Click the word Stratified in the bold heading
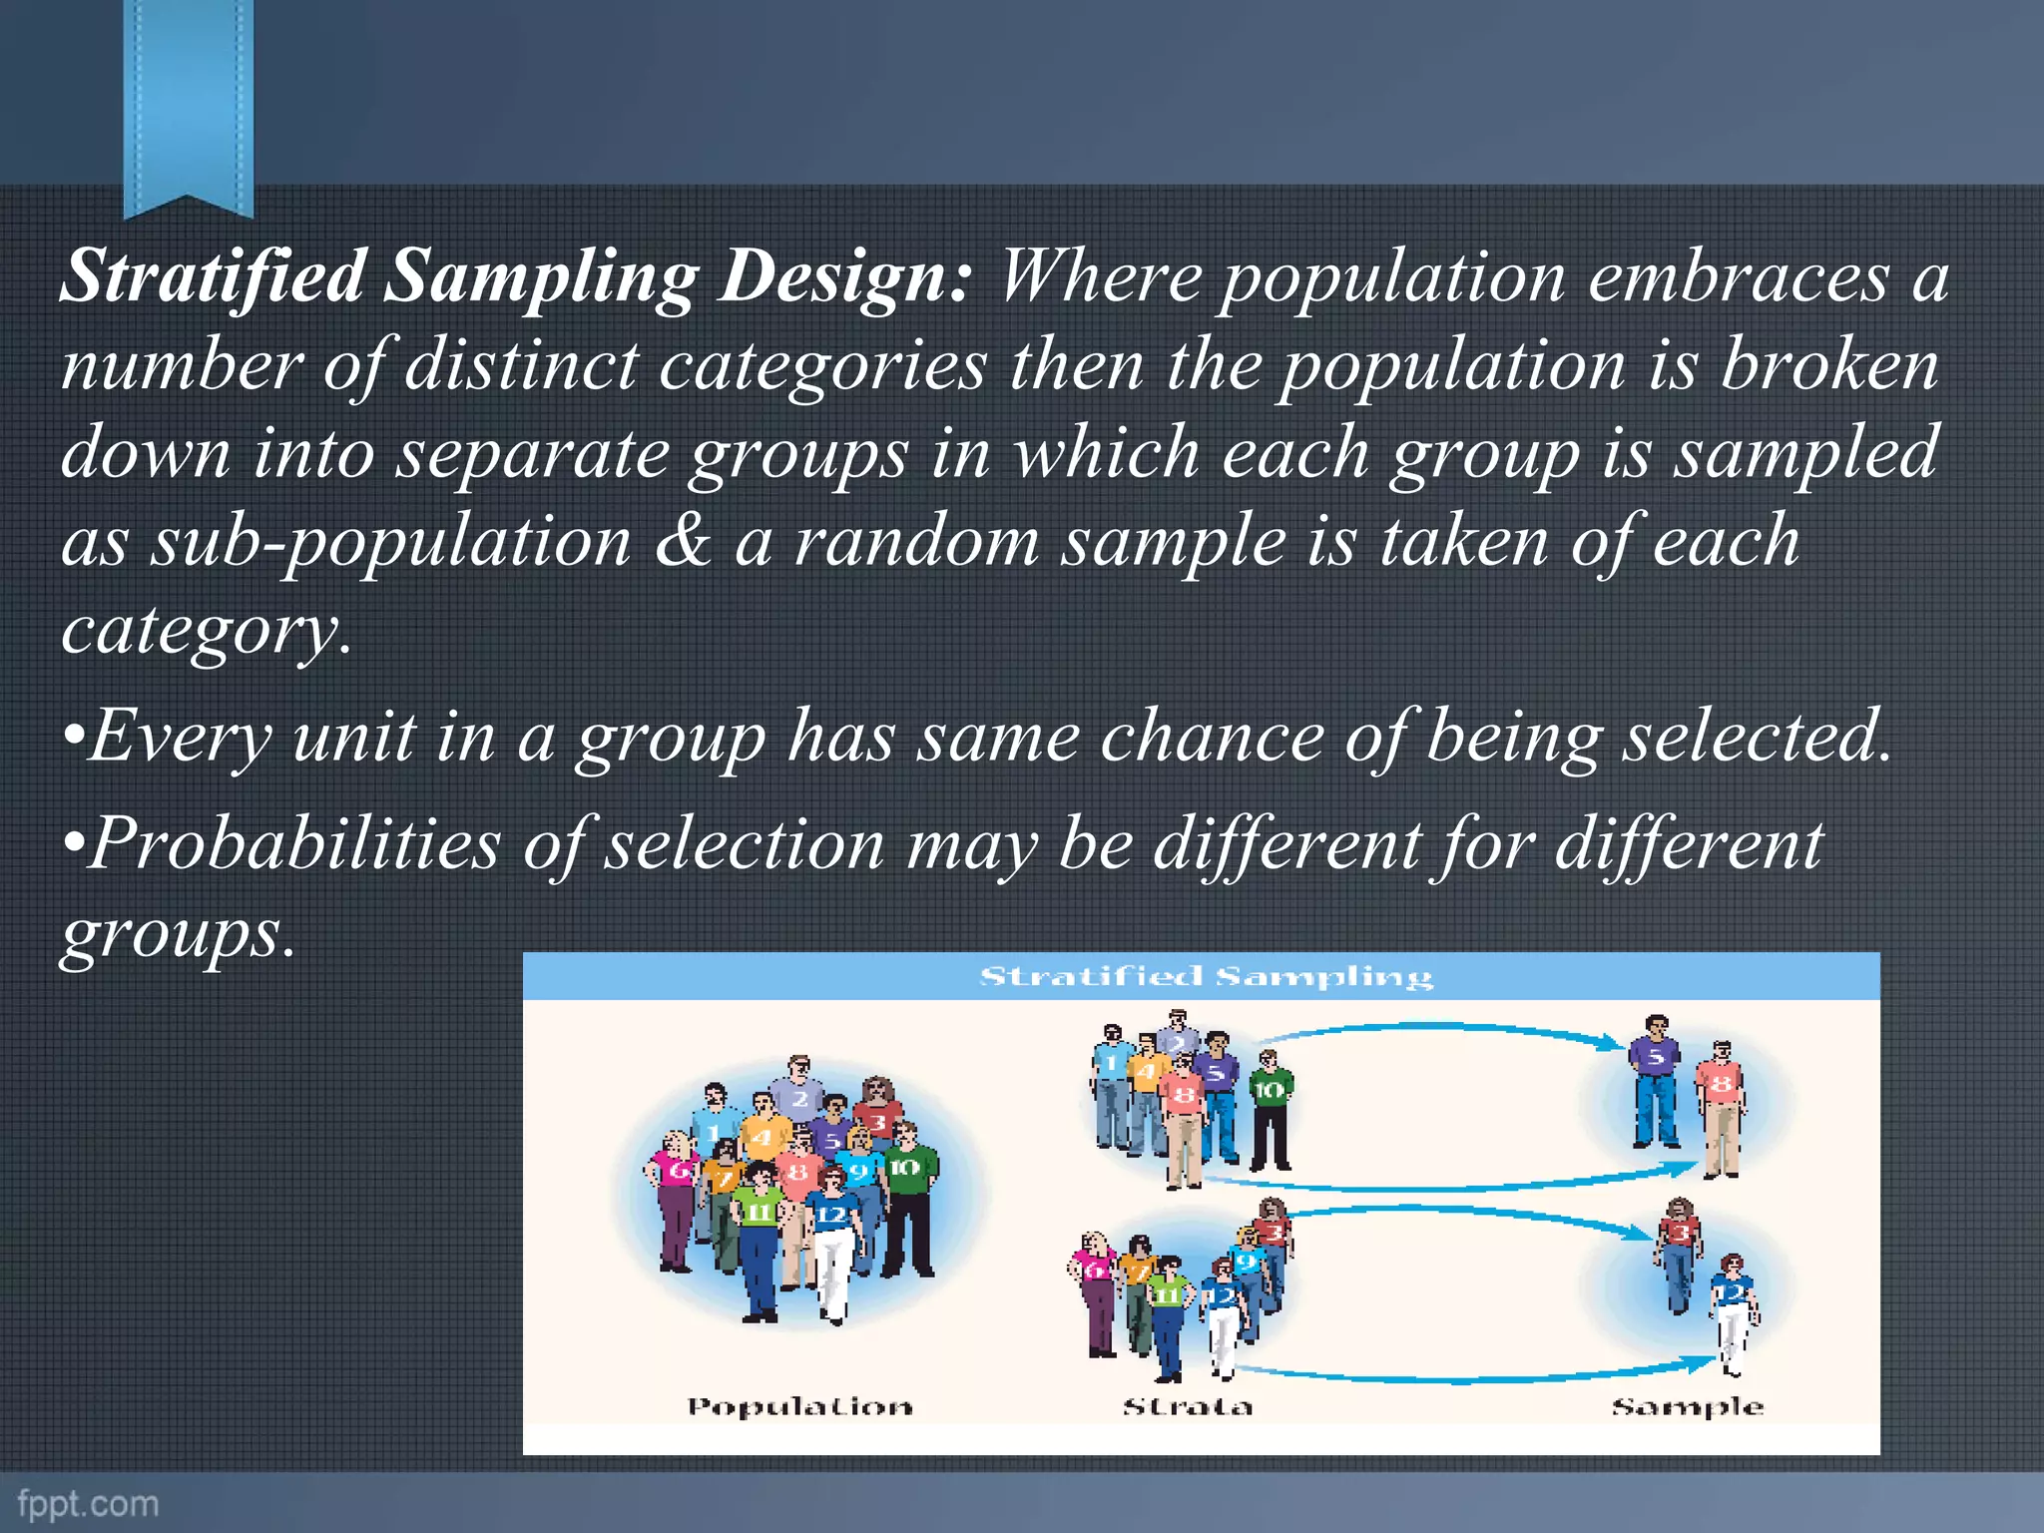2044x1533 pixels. (213, 276)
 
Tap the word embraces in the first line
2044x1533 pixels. (1738, 276)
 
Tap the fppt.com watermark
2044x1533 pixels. (88, 1503)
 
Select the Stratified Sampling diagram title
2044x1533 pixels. (1205, 976)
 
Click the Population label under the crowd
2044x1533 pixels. (799, 1407)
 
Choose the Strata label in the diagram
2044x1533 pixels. (1187, 1407)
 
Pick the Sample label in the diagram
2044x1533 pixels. (1688, 1407)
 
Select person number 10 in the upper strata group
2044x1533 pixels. (1270, 1113)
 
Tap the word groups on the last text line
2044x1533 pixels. (178, 934)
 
